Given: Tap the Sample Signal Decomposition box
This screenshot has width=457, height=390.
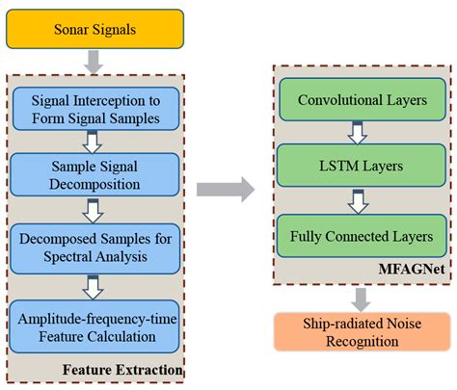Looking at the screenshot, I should tap(95, 172).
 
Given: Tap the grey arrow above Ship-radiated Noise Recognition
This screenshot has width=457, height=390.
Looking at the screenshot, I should tap(358, 297).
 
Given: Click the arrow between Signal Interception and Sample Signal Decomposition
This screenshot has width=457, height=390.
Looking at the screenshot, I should tap(94, 141).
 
